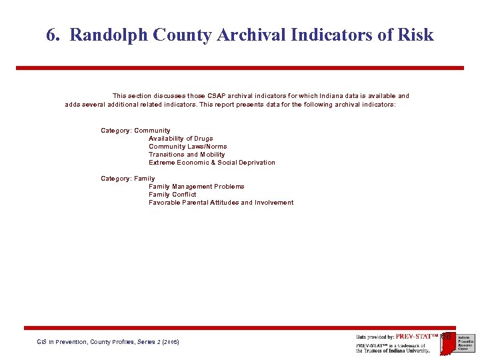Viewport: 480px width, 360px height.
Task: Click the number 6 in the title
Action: pos(51,35)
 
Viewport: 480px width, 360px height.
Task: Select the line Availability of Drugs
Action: pos(181,139)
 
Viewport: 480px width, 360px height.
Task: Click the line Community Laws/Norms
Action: pos(187,147)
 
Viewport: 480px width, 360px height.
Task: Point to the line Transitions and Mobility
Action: pos(187,155)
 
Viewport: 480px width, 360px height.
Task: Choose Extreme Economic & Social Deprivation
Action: pos(211,163)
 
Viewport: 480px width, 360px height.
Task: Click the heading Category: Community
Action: pos(135,131)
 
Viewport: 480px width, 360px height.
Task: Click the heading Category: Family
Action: pos(127,179)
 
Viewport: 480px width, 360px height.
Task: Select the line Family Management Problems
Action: pos(196,187)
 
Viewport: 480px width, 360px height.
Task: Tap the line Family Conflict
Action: pos(172,195)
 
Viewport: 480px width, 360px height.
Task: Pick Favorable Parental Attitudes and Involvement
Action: pos(221,203)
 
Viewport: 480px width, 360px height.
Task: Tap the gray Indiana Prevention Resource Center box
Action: pos(465,343)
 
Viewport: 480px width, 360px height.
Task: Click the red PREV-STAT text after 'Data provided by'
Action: pos(417,337)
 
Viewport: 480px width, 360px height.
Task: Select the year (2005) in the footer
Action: pos(169,342)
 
